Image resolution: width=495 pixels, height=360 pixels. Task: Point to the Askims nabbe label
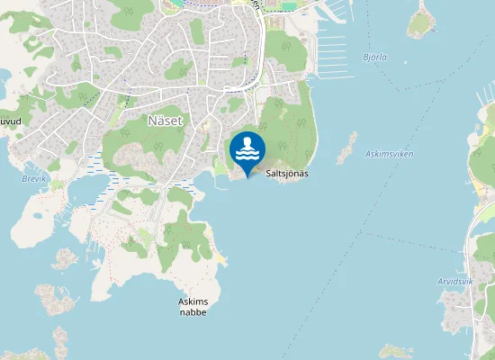point(193,306)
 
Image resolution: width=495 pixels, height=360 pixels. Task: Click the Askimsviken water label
point(390,154)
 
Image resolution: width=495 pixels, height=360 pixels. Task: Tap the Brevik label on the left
point(31,178)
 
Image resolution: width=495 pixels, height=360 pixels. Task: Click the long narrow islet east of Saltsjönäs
point(346,148)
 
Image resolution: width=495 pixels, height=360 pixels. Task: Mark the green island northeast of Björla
point(421,21)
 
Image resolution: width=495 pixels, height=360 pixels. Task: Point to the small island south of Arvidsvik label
point(395,351)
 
